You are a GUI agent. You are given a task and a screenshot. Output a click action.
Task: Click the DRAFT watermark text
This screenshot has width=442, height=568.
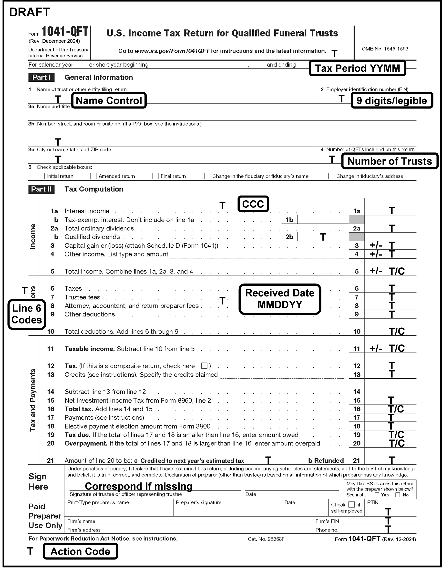(30, 12)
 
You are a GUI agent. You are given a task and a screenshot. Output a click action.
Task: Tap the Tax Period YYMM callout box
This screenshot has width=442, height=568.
(357, 69)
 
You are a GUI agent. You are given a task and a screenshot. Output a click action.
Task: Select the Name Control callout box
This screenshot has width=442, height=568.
(109, 101)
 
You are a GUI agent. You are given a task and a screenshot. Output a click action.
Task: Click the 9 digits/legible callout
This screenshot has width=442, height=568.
(391, 101)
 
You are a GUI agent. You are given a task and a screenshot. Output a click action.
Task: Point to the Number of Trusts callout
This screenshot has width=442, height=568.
(390, 161)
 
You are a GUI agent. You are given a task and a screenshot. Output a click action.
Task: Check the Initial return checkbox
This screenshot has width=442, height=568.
(42, 176)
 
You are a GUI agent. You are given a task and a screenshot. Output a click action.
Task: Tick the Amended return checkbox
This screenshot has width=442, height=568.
(93, 176)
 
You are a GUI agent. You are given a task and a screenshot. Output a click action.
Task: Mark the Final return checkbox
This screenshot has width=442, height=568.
(155, 176)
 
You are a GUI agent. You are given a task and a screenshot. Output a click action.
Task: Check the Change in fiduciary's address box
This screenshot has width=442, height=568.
(331, 176)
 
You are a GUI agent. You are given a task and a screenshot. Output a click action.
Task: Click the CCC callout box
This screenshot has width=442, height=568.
(253, 204)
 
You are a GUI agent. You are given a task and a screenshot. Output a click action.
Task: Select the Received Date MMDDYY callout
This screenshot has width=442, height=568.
(280, 299)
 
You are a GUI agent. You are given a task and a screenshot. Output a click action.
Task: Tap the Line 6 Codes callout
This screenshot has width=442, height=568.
(27, 314)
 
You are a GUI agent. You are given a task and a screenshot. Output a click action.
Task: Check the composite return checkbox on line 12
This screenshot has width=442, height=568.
(204, 366)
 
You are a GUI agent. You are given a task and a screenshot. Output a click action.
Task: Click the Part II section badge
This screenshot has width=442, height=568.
(41, 189)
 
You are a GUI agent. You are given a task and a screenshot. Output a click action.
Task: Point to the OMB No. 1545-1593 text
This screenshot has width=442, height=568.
(385, 49)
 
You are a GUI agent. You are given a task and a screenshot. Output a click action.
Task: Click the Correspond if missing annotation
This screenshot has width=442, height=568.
(138, 486)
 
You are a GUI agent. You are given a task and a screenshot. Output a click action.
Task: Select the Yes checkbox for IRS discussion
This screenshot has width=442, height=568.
(377, 495)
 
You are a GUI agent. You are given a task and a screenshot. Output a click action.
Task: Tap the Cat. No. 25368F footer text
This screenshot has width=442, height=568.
(266, 539)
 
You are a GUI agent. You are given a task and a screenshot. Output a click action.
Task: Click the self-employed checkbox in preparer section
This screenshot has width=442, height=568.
(351, 505)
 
